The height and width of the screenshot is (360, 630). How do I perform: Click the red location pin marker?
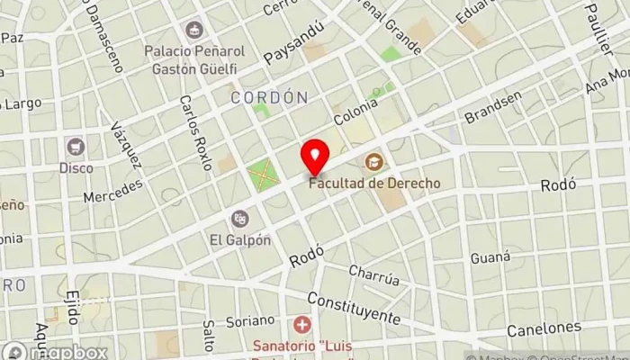point(315,157)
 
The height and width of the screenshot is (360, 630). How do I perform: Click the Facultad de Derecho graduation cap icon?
point(373,162)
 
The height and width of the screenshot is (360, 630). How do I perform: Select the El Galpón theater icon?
point(240,218)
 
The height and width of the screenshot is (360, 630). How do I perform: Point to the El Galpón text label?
point(240,239)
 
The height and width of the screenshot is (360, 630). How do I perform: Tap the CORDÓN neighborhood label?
point(269,97)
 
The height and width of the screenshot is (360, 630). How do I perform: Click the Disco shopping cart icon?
point(76,146)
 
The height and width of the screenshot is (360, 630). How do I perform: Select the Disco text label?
point(76,167)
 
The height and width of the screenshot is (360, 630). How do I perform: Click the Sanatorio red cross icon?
point(303,323)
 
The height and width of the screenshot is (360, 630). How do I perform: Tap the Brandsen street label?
point(492,108)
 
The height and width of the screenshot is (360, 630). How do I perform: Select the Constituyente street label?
point(353,308)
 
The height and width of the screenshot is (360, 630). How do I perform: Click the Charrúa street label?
point(373,274)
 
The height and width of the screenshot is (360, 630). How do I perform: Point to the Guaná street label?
point(490,258)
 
